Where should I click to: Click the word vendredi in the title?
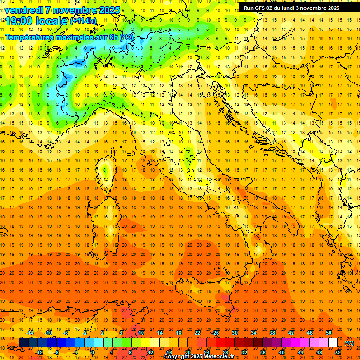[24, 10]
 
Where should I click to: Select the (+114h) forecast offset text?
[83, 21]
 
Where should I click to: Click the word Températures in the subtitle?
[32, 37]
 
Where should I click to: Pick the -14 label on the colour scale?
[29, 333]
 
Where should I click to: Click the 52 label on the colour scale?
[337, 352]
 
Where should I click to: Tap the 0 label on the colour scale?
[92, 352]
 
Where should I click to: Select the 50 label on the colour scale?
[329, 333]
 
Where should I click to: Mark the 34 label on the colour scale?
[254, 333]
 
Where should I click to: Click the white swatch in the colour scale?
[333, 342]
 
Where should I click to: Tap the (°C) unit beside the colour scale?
[349, 343]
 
